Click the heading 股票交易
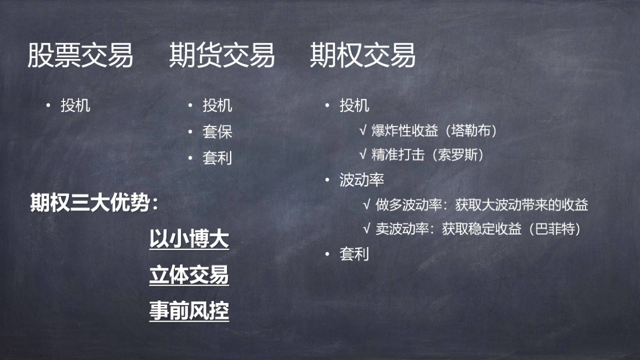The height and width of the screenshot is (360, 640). (80, 55)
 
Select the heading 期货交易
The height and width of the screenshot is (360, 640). (222, 55)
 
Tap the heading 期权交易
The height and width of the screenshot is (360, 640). (363, 55)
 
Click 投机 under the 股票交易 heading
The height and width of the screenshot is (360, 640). (76, 105)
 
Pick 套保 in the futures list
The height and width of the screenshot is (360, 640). (217, 132)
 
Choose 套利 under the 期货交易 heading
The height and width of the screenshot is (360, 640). (217, 158)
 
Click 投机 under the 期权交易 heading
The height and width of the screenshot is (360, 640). (354, 105)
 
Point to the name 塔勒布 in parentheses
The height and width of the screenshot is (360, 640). (471, 131)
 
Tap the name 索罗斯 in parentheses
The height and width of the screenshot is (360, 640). (458, 155)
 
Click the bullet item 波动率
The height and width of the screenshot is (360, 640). (362, 179)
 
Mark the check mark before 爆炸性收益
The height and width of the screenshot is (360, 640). (363, 131)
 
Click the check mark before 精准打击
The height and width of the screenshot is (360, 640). (363, 155)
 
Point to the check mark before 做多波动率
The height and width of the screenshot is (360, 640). (367, 205)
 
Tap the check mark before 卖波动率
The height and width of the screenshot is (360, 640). (367, 228)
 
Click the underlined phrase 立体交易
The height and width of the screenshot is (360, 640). (189, 275)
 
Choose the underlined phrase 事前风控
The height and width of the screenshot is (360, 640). (189, 311)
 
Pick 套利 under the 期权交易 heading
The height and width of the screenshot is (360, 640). (354, 254)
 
